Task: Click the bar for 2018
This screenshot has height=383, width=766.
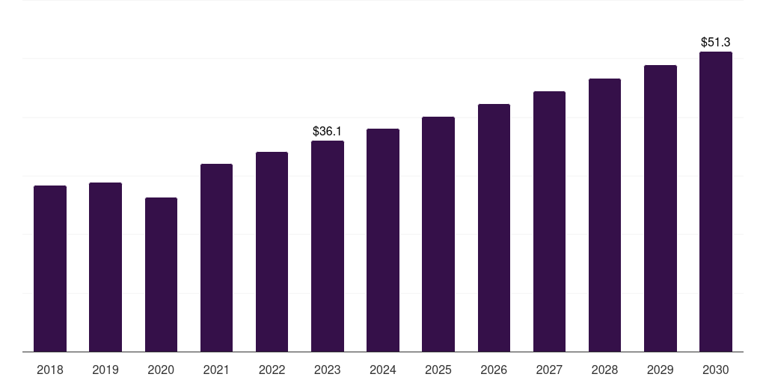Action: pyautogui.click(x=50, y=269)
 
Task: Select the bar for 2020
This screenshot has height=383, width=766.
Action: pyautogui.click(x=161, y=275)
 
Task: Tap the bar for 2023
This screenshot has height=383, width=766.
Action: pyautogui.click(x=328, y=246)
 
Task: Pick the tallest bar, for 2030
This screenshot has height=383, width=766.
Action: pyautogui.click(x=716, y=202)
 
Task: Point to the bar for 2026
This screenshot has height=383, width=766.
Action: pyautogui.click(x=494, y=228)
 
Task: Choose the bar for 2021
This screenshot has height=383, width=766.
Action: pyautogui.click(x=216, y=258)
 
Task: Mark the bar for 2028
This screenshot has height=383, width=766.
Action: pyautogui.click(x=604, y=215)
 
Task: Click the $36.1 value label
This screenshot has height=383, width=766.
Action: pyautogui.click(x=328, y=132)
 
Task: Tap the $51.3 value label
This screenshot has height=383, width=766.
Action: pyautogui.click(x=716, y=43)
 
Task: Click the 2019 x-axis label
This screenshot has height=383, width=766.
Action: pyautogui.click(x=105, y=370)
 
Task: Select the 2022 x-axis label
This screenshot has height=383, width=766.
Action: pyautogui.click(x=272, y=370)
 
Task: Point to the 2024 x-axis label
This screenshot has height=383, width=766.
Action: pyautogui.click(x=383, y=370)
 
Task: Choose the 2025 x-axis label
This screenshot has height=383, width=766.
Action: pyautogui.click(x=438, y=370)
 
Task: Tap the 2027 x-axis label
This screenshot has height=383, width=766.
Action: pyautogui.click(x=549, y=370)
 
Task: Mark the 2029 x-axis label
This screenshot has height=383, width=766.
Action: pyautogui.click(x=661, y=370)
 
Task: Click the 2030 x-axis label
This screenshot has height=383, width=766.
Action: pyautogui.click(x=716, y=370)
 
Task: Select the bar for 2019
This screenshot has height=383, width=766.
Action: pyautogui.click(x=105, y=267)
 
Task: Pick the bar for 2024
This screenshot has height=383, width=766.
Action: pyautogui.click(x=383, y=240)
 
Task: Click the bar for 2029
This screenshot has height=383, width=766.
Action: pyautogui.click(x=661, y=209)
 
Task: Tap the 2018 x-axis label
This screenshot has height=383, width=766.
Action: pyautogui.click(x=50, y=370)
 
